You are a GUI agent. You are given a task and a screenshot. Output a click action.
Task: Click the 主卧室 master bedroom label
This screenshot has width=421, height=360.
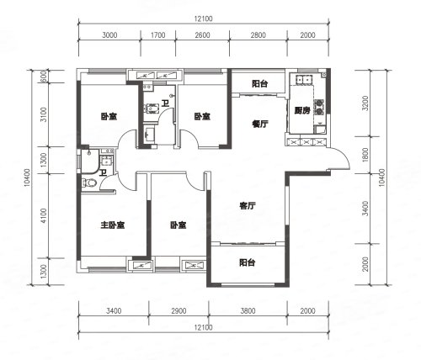click(x=113, y=225)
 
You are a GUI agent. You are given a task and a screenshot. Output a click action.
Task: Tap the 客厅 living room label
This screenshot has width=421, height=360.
click(x=248, y=206)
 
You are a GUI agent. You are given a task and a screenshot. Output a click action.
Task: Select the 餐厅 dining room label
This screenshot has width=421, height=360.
click(x=260, y=124)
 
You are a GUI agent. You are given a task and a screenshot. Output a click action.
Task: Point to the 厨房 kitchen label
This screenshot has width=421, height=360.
click(x=302, y=110)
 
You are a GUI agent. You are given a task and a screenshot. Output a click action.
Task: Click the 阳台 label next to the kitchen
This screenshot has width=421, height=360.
click(x=260, y=83)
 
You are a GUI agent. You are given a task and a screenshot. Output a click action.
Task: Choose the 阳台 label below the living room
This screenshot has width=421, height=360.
click(x=248, y=262)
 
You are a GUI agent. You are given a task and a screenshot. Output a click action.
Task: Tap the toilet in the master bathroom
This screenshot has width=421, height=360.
click(x=89, y=183)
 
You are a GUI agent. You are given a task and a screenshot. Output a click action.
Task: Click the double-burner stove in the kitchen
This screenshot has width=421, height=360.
click(x=319, y=107)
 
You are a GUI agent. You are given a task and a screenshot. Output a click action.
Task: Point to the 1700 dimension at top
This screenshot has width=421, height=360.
click(x=158, y=35)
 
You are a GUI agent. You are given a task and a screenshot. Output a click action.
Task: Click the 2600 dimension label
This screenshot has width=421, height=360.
click(x=202, y=35)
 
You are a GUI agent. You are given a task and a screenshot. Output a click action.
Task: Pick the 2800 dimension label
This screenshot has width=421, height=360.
click(x=258, y=35)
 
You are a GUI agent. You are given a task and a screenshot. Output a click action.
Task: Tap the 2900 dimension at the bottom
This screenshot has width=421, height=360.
click(x=179, y=310)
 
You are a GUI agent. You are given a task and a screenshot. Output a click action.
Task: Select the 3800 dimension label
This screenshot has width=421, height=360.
click(x=248, y=310)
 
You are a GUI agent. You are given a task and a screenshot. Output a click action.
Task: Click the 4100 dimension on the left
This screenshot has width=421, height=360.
click(x=43, y=215)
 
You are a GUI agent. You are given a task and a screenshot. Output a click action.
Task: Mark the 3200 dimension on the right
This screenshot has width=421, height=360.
click(x=365, y=103)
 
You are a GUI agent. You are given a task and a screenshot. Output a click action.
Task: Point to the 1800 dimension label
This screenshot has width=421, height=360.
click(x=365, y=155)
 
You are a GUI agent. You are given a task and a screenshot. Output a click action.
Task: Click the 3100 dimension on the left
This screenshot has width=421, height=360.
click(x=43, y=114)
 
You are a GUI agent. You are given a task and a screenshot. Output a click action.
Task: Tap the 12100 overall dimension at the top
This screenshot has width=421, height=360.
click(x=204, y=19)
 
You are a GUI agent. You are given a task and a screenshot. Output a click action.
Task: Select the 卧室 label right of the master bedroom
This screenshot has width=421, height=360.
click(x=179, y=225)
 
